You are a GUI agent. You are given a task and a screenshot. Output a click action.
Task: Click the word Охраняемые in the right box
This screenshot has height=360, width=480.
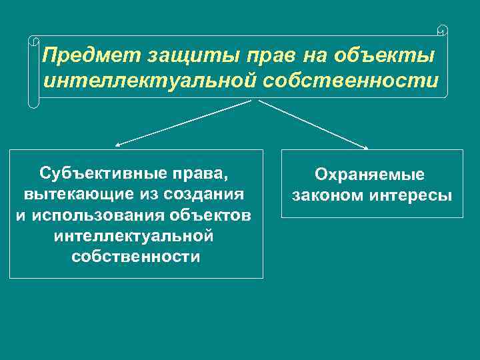[370, 175]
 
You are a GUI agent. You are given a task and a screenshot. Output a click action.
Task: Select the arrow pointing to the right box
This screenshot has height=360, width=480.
[313, 124]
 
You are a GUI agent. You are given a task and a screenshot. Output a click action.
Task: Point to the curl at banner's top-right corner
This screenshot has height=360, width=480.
[443, 30]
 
